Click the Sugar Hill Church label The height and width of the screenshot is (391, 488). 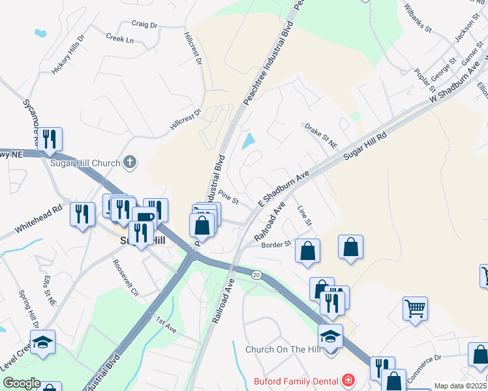coord(85,163)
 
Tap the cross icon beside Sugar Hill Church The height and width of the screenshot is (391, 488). coord(130,162)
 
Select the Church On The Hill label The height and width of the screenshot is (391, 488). coord(284,349)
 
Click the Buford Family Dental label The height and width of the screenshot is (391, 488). coord(297,381)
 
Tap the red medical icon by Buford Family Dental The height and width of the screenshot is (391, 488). coord(348,380)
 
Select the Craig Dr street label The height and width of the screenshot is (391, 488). coord(145,25)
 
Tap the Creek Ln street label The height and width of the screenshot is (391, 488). coord(119,39)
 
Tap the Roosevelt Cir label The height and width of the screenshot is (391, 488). coord(126,278)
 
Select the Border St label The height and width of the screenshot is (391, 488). coord(275,245)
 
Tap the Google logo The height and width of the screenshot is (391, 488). coord(22,383)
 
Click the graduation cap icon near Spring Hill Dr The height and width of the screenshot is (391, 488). coord(42,342)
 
